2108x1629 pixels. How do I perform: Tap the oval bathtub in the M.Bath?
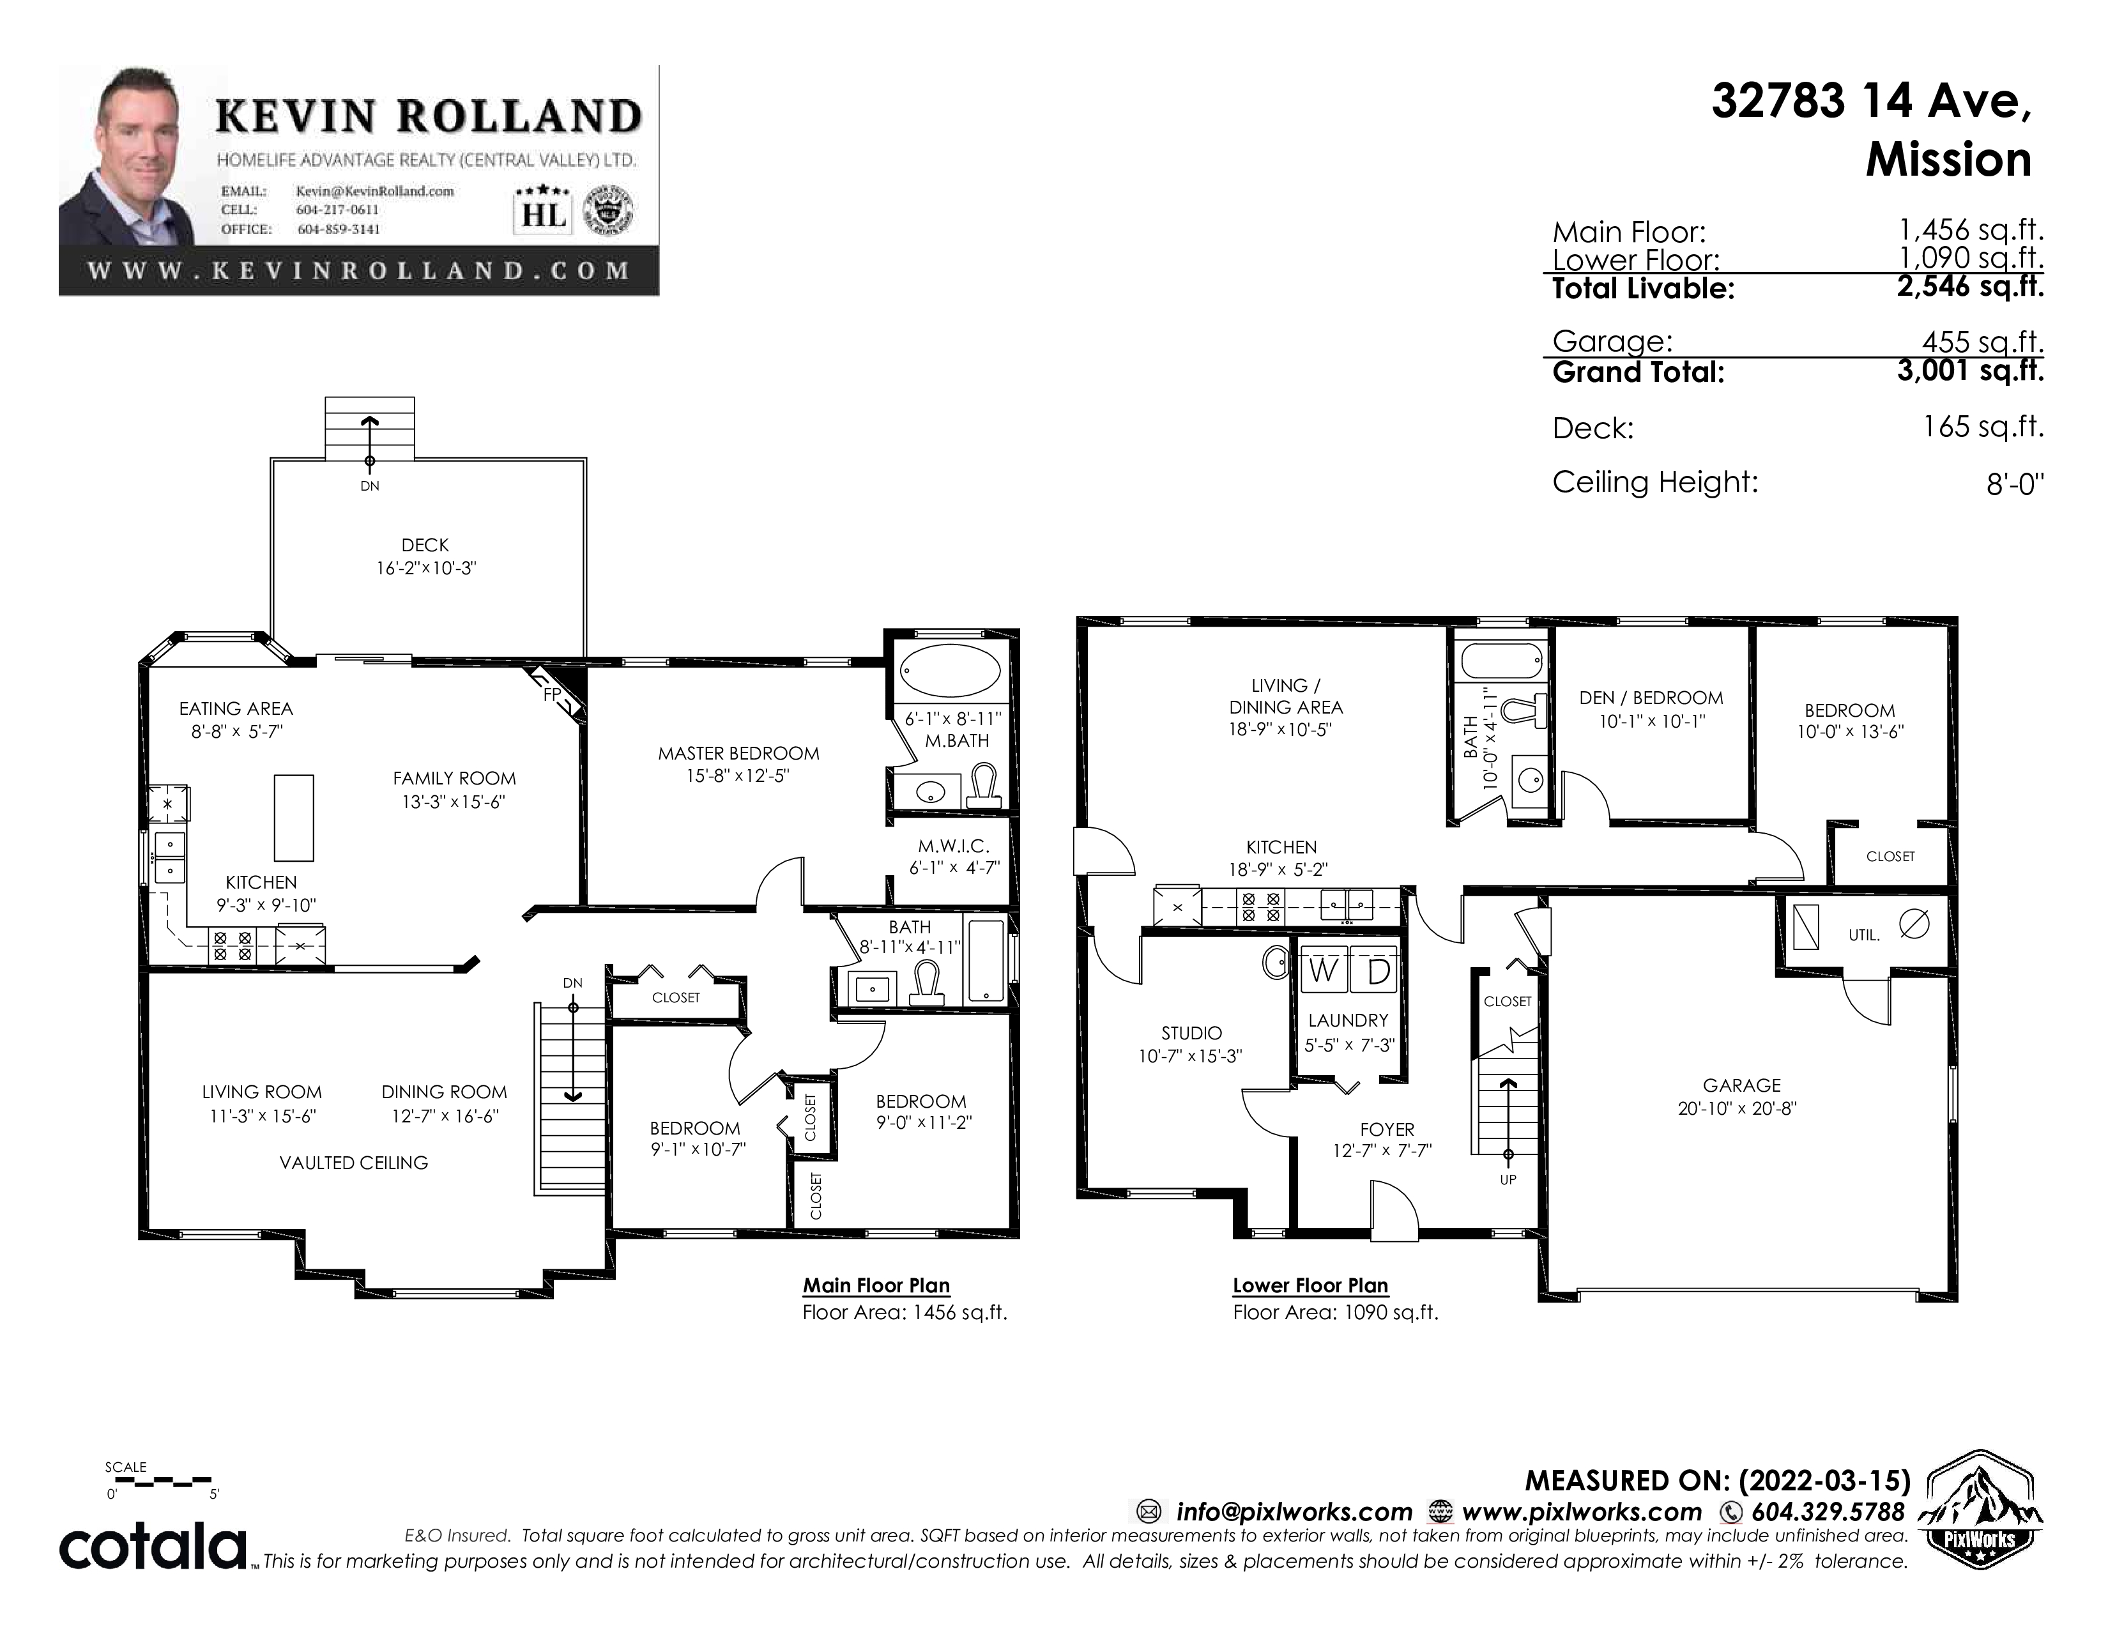950,669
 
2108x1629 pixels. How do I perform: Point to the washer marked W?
1322,970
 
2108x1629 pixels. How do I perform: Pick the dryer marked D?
1375,970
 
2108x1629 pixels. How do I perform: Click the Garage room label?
1741,1085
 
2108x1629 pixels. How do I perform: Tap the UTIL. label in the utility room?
1864,935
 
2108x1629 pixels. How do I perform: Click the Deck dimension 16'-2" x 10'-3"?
425,569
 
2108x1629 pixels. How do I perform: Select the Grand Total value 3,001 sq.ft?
1970,371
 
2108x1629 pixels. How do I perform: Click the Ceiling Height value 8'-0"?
2015,484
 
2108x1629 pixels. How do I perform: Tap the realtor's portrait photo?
127,155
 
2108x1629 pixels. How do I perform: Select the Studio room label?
1191,1032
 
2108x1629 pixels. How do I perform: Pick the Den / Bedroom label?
1651,698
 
